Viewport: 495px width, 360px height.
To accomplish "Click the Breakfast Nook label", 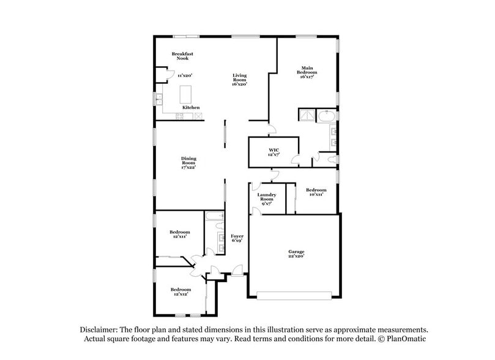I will coord(182,56).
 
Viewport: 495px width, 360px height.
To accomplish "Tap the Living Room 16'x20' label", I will coord(239,80).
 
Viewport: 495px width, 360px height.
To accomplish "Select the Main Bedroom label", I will coord(307,72).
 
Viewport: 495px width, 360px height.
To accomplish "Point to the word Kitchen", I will coord(191,108).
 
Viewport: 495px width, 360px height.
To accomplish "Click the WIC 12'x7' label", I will coord(274,152).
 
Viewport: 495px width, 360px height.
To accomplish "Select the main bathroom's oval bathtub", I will coord(327,116).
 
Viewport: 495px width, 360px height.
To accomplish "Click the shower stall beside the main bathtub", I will coord(307,116).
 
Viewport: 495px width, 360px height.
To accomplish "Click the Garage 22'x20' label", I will coord(296,254).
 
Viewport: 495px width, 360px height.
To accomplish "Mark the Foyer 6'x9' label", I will coord(237,238).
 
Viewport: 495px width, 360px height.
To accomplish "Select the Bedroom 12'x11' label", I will coord(180,234).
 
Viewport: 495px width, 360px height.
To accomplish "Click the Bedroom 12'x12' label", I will coord(180,291).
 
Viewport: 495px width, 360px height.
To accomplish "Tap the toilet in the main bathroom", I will coord(333,159).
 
